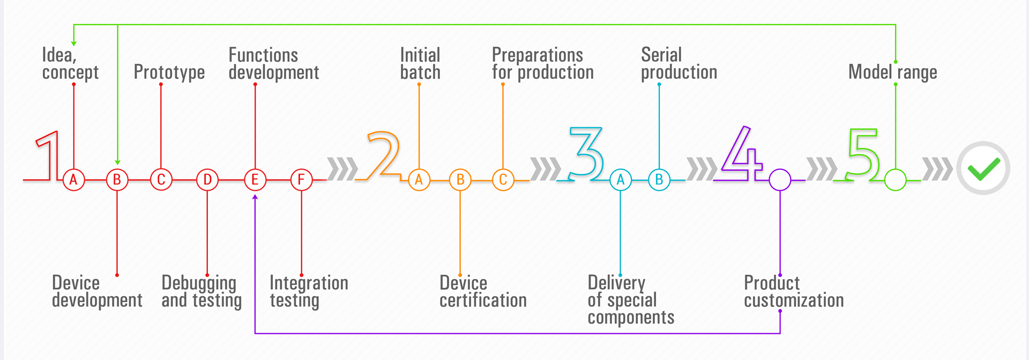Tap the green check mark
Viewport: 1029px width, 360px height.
tap(984, 169)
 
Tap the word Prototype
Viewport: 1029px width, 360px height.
tap(169, 72)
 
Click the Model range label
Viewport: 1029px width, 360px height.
tap(893, 72)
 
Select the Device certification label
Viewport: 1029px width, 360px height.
tap(483, 291)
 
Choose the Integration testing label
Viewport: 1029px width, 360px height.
tap(309, 291)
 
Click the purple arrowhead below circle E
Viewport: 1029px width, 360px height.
tap(255, 197)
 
